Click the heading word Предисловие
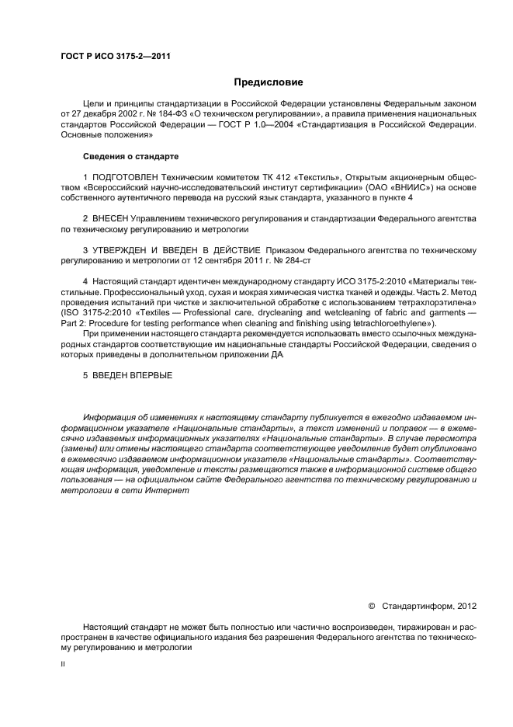pyautogui.click(x=269, y=82)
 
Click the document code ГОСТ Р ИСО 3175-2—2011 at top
pyautogui.click(x=116, y=57)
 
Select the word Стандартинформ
pyautogui.click(x=415, y=604)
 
